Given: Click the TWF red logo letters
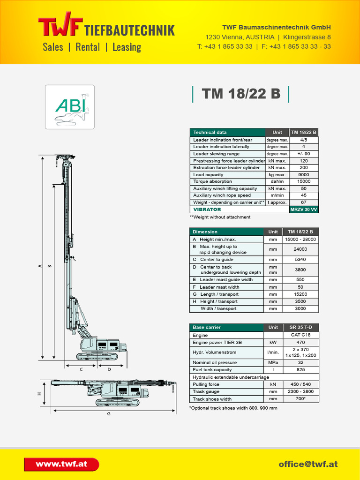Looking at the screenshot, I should coord(60,27).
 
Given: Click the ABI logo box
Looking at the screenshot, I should coord(69,107).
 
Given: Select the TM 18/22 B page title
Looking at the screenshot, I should coord(241,94).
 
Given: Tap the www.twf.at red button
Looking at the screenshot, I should coord(61,464).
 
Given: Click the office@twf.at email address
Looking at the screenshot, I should coord(308,464).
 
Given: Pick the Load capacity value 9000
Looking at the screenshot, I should coord(304,175).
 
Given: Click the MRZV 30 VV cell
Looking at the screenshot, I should coord(304,210).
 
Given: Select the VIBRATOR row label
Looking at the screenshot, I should coord(207,210).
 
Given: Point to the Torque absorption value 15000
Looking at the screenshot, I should coord(304,181).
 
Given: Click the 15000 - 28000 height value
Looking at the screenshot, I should coord(300,240).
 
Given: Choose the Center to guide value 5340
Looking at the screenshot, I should coord(300,259).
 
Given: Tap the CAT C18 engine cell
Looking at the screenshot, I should coord(300,335).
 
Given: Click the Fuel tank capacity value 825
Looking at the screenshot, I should coord(300,370).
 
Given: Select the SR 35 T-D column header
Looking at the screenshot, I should coord(300,327).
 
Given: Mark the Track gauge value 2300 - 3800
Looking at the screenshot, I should coord(300,391).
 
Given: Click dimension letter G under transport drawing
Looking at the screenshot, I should coord(109,414).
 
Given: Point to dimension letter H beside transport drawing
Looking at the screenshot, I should coord(39,394).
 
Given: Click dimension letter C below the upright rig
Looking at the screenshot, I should coord(81,369).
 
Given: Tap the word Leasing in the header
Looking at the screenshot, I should coord(127,47).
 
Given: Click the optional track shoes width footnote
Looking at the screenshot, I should coord(233,408).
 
